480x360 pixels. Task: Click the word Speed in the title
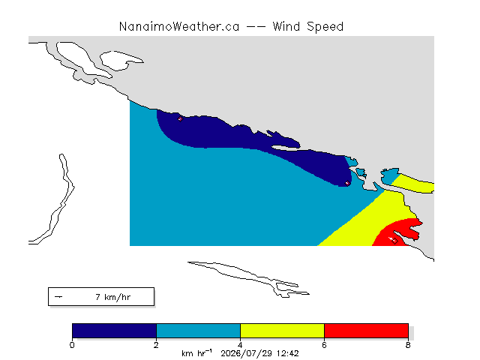coord(325,27)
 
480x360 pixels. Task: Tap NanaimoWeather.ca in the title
coord(179,27)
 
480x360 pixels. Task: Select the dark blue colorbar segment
coord(115,331)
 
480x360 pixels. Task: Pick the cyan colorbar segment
coord(198,331)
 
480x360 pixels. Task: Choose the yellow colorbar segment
coord(282,331)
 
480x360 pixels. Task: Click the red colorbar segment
coord(366,331)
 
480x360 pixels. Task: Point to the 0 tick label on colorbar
coord(72,345)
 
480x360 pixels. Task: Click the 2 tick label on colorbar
coord(156,345)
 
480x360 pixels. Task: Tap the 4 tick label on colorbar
coord(240,345)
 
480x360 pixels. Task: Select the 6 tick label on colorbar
coord(324,345)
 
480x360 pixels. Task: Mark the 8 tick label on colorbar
coord(408,345)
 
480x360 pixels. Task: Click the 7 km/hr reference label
coord(113,297)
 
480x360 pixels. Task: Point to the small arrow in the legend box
coord(58,297)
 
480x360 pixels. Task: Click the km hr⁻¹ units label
coord(196,353)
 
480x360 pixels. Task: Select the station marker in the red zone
coord(394,241)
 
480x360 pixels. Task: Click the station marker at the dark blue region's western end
coord(180,118)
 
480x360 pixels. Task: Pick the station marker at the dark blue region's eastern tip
coord(347,183)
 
